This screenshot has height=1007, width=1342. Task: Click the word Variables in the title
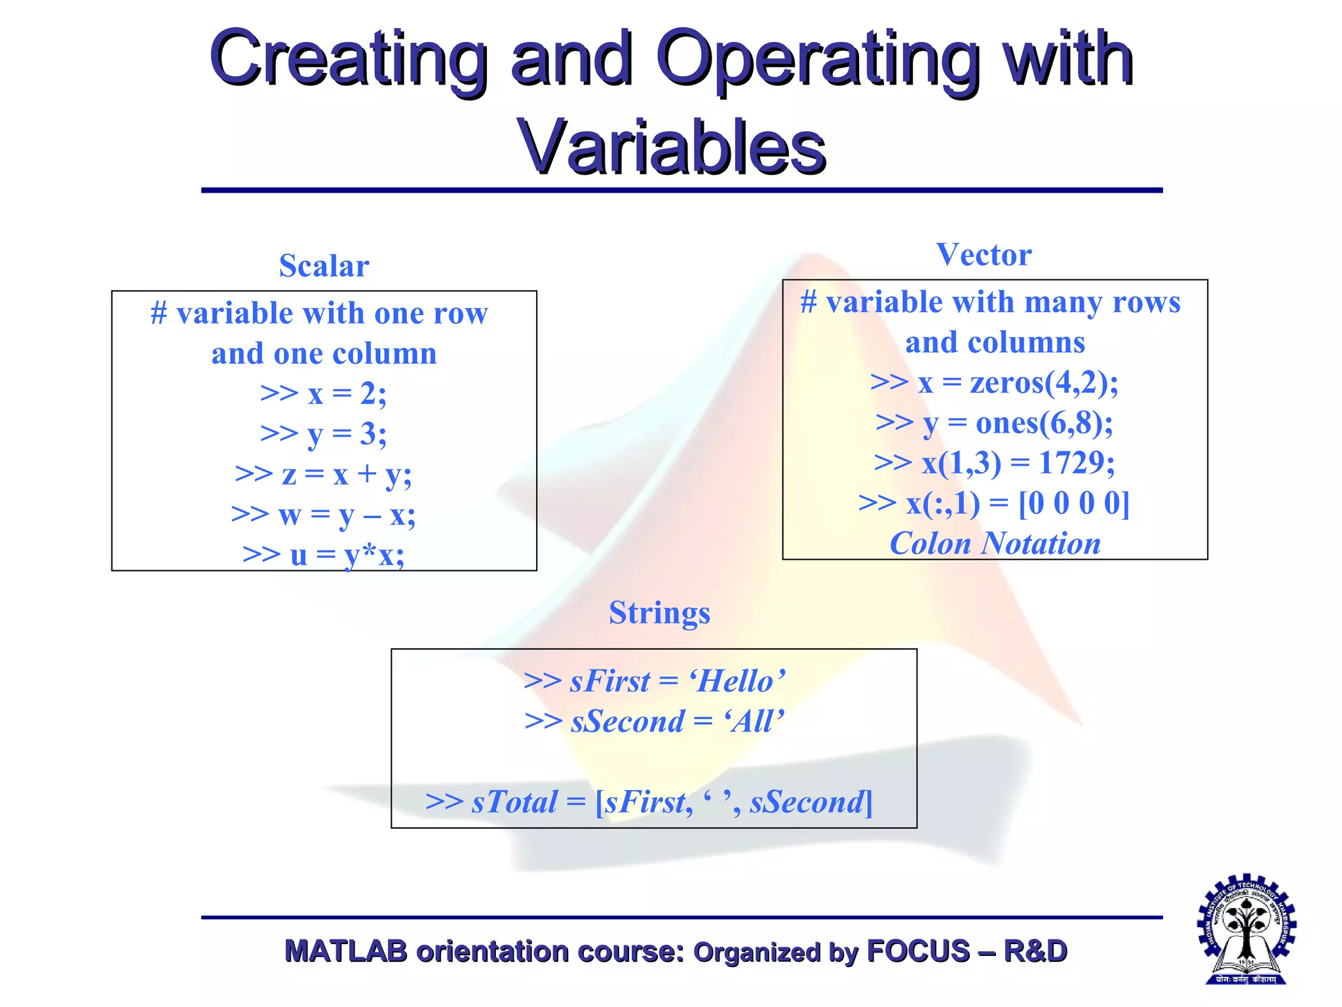point(671,147)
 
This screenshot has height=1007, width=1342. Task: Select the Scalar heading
point(324,266)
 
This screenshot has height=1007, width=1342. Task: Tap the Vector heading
point(983,255)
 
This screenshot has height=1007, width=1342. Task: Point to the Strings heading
point(659,613)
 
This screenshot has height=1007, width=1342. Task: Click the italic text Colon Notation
point(995,543)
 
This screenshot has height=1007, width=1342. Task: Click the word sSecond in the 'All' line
point(627,722)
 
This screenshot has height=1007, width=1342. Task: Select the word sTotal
point(514,802)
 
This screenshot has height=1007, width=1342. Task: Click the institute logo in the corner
point(1246,930)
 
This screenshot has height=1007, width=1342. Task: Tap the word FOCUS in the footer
point(917,951)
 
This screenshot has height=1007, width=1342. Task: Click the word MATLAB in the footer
point(345,951)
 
